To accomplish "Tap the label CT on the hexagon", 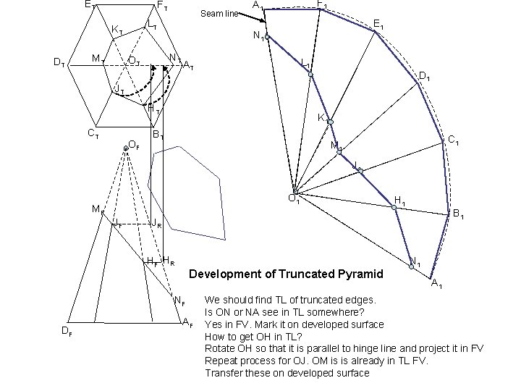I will [x=93, y=133].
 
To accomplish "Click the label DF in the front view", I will [x=66, y=332].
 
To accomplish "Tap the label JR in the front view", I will [x=157, y=223].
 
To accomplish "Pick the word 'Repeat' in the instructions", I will [x=221, y=361].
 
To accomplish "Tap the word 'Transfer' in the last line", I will [x=224, y=373].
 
